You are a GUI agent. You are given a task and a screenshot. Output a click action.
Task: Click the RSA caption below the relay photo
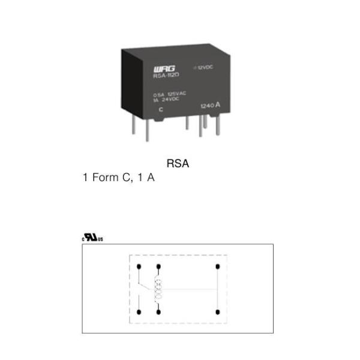(178, 163)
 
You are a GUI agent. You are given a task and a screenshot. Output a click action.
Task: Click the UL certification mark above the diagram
(92, 238)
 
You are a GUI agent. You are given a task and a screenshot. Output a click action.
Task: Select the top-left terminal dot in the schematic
(139, 266)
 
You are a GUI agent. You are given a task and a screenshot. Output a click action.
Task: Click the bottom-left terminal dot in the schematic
(139, 312)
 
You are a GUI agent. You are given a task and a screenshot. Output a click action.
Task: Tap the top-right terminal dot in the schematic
(217, 266)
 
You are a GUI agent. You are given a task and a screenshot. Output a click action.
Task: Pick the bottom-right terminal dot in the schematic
(217, 312)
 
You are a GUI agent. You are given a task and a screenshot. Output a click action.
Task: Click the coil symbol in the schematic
(158, 289)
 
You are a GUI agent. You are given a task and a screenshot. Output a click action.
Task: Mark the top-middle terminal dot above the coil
(158, 266)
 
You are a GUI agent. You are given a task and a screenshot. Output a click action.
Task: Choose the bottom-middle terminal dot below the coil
(158, 312)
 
